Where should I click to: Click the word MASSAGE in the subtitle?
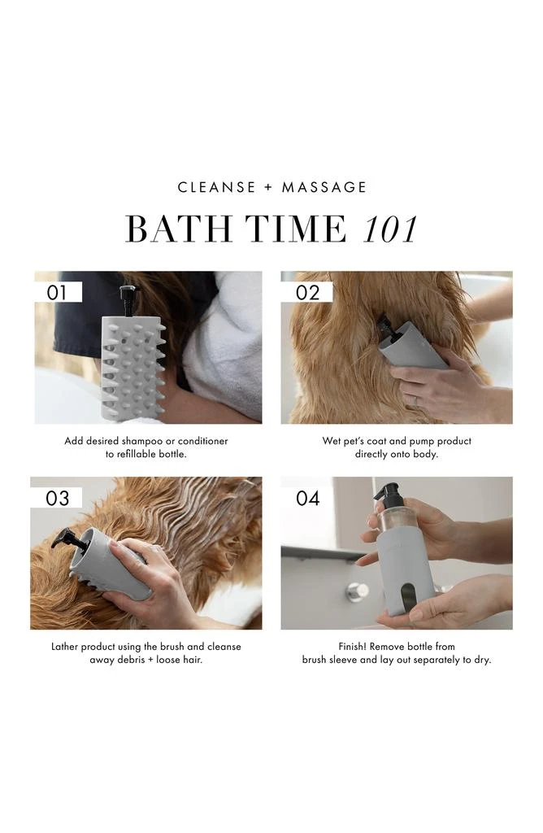point(324,187)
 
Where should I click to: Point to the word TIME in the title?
point(302,230)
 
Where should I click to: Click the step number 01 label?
point(58,293)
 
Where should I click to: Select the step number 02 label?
point(307,293)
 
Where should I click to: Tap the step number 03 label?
point(58,498)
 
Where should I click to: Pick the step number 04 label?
point(307,498)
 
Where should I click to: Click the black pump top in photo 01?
point(128,294)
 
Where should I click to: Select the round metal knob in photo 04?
point(355,591)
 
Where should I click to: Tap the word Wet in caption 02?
point(332,441)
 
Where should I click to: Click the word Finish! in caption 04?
point(356,647)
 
